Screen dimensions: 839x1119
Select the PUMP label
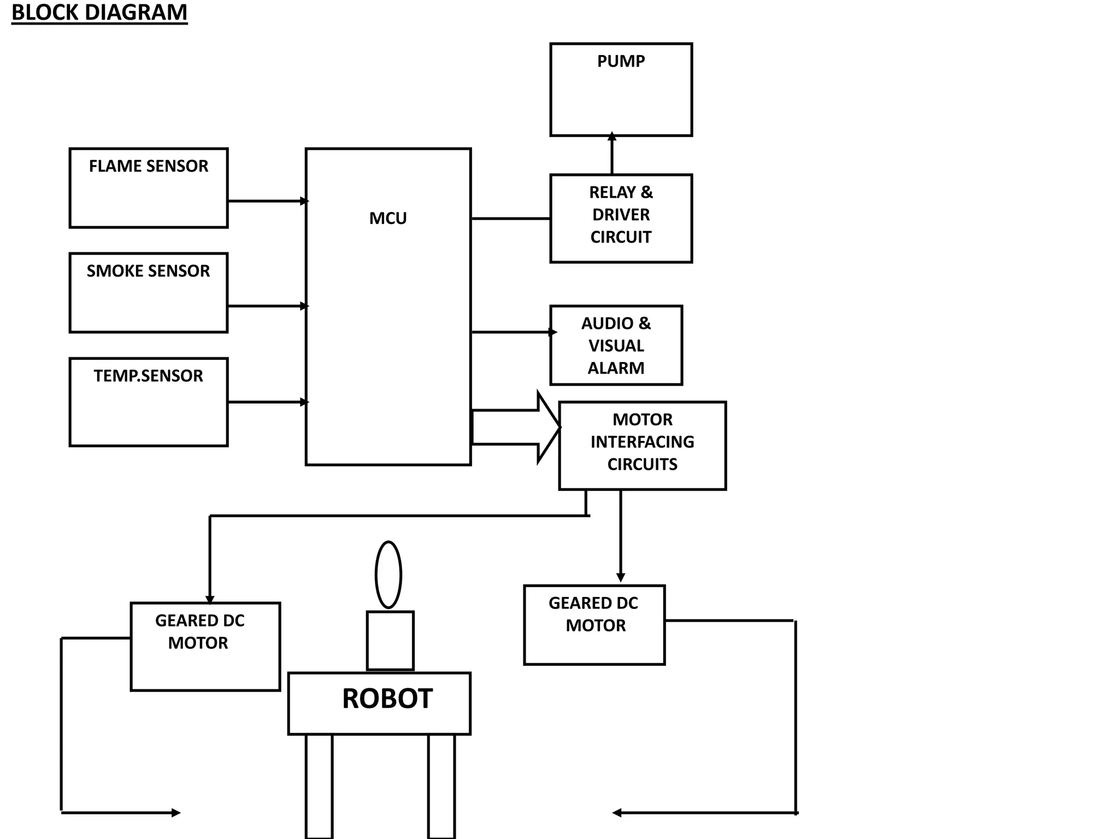[621, 61]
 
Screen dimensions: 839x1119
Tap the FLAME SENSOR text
[149, 166]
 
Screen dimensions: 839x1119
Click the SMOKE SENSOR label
[148, 271]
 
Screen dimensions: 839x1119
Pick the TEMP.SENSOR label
[148, 376]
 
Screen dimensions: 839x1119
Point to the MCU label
[388, 218]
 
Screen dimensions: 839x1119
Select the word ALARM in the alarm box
[616, 368]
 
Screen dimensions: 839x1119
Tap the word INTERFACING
[642, 442]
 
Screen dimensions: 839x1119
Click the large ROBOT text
[387, 699]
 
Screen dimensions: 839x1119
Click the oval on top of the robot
[388, 575]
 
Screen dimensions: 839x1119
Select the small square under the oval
[390, 640]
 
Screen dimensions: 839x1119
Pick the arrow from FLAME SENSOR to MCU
[268, 201]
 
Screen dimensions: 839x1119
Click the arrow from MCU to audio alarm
[514, 332]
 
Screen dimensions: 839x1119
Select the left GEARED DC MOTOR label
[199, 631]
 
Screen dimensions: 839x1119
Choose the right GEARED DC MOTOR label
[594, 614]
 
